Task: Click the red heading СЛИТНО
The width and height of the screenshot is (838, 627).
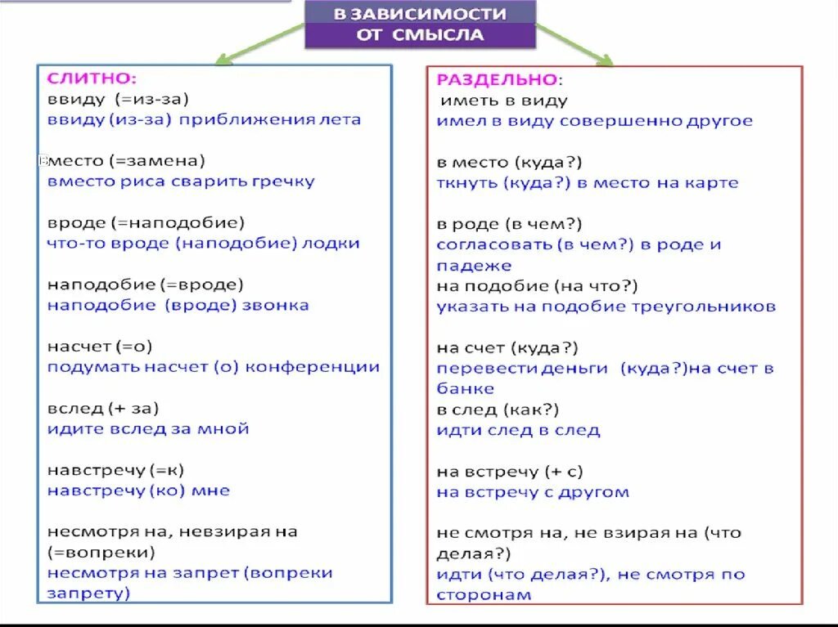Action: click(92, 78)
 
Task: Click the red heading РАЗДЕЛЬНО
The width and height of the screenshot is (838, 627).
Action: click(497, 79)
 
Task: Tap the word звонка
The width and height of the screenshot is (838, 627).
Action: click(277, 305)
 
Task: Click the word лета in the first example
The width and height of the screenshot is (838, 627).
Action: click(342, 119)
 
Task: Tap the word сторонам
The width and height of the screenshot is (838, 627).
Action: click(483, 594)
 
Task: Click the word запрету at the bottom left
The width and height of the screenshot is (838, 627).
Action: click(88, 593)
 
